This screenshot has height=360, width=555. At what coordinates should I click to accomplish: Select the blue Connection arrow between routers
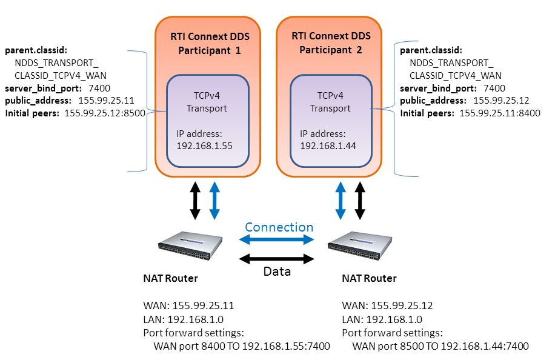point(279,240)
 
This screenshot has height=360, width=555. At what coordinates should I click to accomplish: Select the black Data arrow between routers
point(277,259)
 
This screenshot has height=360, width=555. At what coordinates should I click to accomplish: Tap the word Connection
point(279,227)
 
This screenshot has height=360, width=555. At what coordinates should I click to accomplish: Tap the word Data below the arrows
point(277,272)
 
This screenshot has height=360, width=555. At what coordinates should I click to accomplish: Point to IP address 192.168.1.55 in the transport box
point(205,145)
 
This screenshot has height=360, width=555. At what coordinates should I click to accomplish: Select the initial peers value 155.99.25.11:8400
point(500,113)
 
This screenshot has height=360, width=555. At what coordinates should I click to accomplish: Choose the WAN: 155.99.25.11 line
point(188,305)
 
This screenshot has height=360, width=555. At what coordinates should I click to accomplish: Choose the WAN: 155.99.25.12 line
point(387,305)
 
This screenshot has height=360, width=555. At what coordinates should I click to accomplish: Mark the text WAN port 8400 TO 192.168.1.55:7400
point(242,347)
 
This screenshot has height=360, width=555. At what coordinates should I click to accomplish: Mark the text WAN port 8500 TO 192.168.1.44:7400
point(440,347)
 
